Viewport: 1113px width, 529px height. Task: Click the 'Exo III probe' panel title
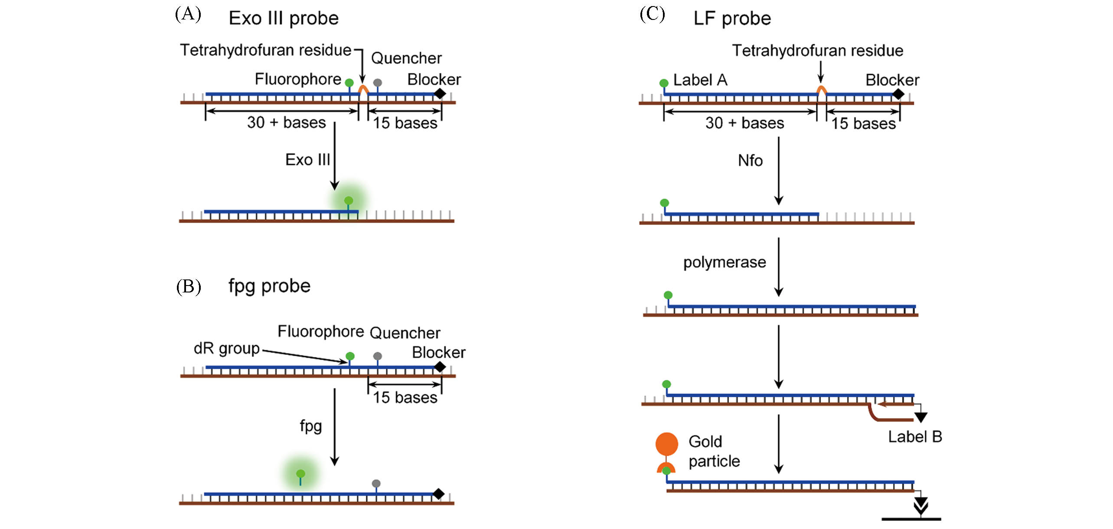pos(284,19)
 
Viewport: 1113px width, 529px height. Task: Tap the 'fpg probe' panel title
pos(269,286)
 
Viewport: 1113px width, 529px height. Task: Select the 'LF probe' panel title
pos(732,19)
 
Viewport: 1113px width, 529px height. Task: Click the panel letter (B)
pos(189,286)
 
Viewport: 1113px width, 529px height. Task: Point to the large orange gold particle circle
pos(666,444)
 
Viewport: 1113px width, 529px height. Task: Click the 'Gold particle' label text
pos(714,451)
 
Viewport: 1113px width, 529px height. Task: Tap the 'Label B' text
pos(915,437)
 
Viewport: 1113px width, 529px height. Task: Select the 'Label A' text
pos(700,80)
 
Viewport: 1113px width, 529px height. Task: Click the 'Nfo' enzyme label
pos(750,161)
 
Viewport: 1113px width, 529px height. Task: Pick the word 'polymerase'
pos(725,263)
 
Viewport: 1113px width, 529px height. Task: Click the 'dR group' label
pos(226,348)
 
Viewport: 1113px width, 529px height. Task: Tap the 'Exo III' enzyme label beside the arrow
pos(307,160)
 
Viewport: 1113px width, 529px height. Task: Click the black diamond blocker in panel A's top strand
pos(440,93)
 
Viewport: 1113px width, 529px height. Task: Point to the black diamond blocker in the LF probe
pos(898,94)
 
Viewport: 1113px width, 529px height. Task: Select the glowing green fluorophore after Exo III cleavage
pos(349,201)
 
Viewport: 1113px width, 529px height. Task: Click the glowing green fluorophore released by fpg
pos(300,474)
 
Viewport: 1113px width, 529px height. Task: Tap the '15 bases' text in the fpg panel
pos(405,398)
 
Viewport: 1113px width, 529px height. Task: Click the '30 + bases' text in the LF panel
pos(744,123)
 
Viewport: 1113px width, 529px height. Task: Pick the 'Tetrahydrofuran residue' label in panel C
pos(817,51)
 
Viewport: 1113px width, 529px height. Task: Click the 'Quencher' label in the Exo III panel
pos(406,58)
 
